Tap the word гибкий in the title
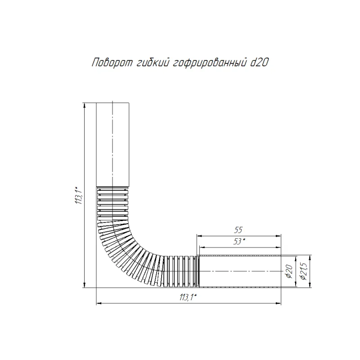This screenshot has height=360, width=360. (153, 63)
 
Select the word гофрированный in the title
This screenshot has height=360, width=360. (210, 63)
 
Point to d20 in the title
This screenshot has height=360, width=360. (259, 63)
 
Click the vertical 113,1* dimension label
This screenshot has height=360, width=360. (78, 195)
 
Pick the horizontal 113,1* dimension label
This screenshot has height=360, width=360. (188, 297)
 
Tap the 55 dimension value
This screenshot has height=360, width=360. (238, 230)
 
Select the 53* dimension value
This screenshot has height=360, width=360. (239, 241)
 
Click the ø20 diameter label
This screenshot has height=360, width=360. (289, 271)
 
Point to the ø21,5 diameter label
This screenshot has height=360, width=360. (303, 271)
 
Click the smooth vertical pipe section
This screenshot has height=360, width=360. (112, 144)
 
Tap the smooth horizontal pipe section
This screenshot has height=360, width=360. (240, 271)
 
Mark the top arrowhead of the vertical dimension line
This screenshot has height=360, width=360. (85, 105)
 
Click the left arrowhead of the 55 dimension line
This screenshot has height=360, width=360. (199, 236)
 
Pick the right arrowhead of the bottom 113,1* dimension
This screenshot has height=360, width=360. (279, 303)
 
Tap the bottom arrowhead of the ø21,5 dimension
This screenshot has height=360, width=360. (310, 285)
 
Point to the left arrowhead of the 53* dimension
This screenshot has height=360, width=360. (202, 247)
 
